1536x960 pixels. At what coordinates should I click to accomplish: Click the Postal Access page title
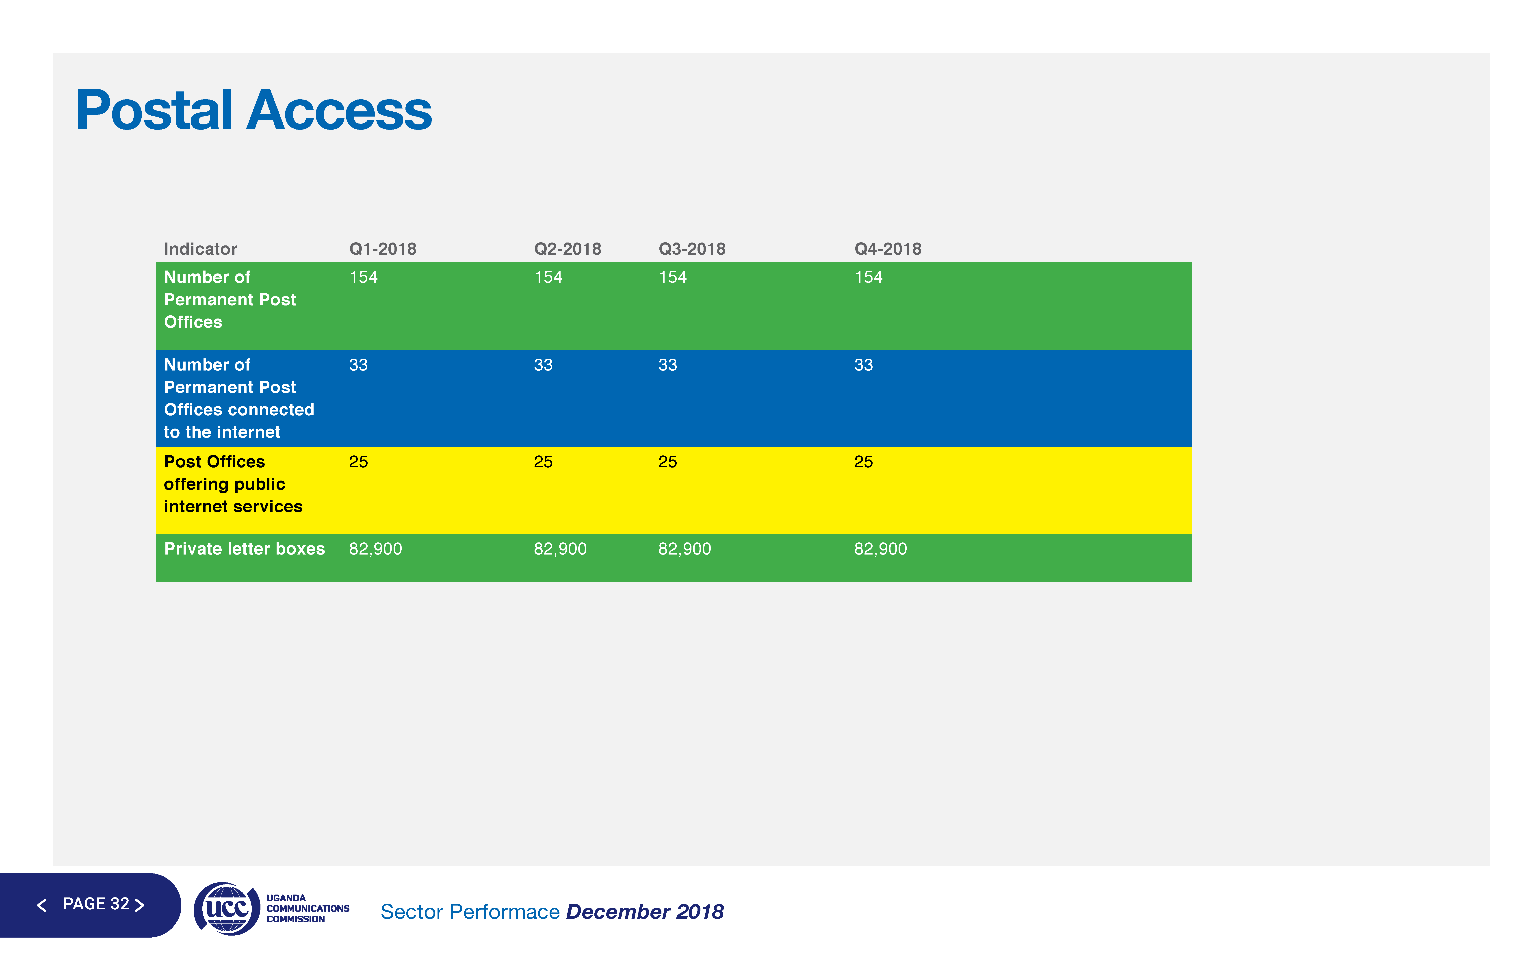253,111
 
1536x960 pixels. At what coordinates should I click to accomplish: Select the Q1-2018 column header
383,249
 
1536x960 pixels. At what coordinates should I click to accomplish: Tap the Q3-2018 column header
692,249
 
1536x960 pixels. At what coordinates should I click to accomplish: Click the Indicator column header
201,249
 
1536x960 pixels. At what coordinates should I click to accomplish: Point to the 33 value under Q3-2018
668,365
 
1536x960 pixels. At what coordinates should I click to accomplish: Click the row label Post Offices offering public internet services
233,484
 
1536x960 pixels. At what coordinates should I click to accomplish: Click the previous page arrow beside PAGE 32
42,905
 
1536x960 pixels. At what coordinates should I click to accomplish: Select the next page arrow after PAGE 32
140,905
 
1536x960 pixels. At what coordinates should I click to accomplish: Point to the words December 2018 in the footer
645,912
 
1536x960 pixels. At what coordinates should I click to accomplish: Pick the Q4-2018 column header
888,249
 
